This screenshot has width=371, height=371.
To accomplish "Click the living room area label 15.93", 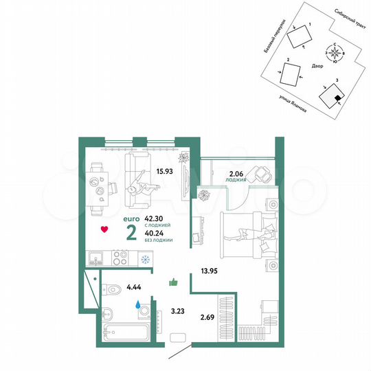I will coord(164,172).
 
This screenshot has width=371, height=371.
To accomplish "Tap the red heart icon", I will coord(103,229).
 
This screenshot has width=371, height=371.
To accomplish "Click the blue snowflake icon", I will coord(145,260).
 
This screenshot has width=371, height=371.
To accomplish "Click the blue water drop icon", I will coord(137,302).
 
